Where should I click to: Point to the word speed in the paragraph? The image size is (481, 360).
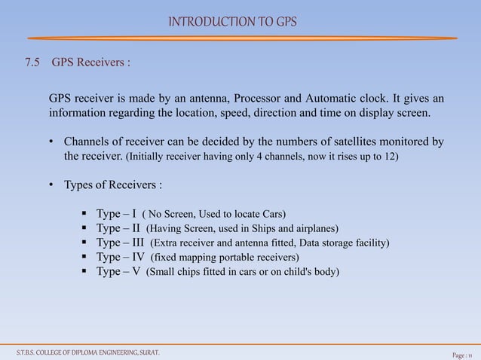231,113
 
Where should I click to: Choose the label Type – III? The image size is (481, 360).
120,243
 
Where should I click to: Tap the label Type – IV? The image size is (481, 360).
120,257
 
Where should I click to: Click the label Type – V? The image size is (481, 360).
118,271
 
